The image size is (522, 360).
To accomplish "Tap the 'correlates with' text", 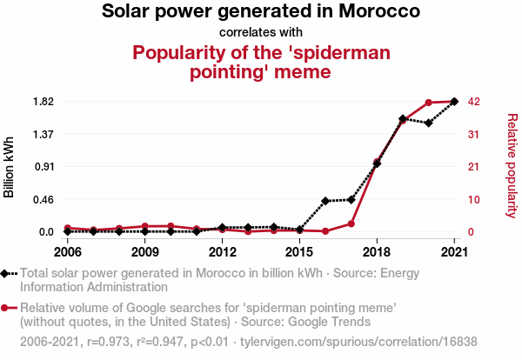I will tap(261, 32).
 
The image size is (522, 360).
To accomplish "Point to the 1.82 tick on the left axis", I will tap(43, 102).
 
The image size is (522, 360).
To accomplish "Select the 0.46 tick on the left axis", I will tap(43, 199).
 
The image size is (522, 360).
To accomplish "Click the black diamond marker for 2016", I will tap(325, 201).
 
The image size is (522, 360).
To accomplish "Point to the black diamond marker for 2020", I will tap(429, 123).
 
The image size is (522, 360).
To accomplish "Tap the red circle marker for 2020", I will tap(429, 103).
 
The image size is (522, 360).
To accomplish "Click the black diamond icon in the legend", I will tap(7, 274).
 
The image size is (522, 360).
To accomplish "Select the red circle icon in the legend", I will tap(7, 307).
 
